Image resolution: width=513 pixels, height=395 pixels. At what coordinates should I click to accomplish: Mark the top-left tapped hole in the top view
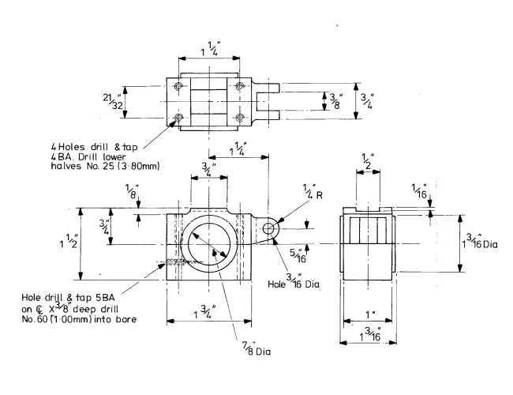179,85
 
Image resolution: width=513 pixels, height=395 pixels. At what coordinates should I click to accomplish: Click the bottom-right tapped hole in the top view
241,118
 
